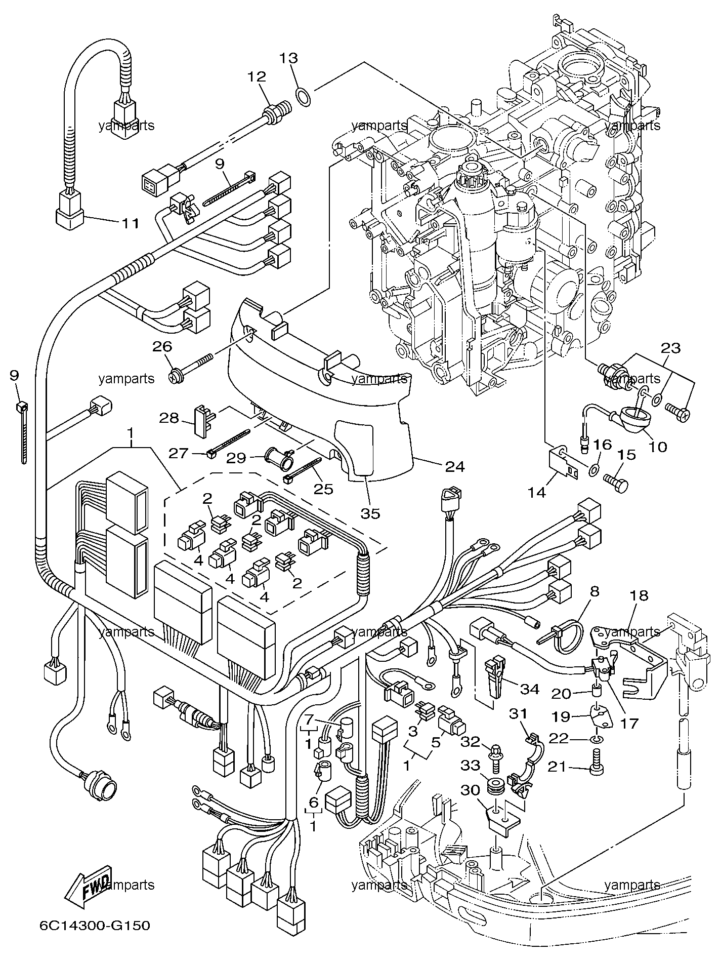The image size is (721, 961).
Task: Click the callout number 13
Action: pos(289,58)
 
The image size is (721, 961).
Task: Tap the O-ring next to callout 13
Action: pos(303,95)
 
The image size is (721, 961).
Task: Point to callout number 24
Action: pos(454,466)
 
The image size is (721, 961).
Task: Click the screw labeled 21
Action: pos(596,773)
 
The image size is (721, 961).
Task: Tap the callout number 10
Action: pos(658,447)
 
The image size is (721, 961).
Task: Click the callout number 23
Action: pos(670,348)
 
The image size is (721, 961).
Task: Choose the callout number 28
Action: pos(169,418)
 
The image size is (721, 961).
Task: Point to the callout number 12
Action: pos(257,77)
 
